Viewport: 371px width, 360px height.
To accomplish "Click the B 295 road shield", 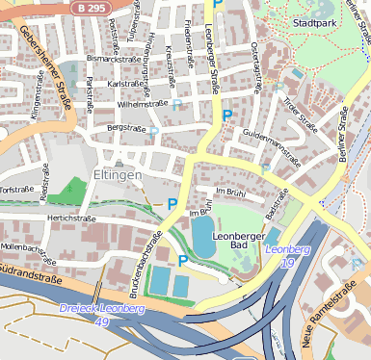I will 91,7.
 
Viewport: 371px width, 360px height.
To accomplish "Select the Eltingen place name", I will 117,175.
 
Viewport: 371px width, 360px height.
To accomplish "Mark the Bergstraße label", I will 125,126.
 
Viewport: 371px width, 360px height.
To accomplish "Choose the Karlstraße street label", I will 125,84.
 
